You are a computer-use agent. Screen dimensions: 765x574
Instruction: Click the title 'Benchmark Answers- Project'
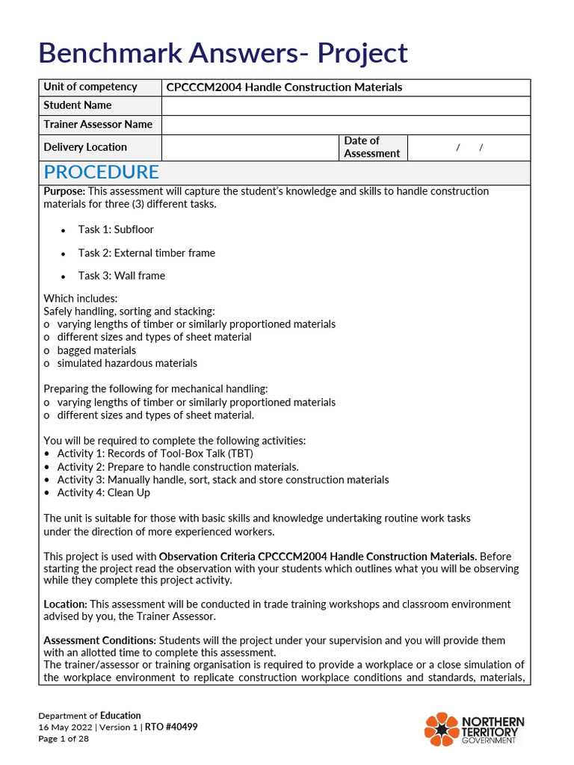223,53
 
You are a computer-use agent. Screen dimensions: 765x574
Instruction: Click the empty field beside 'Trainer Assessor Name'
345,125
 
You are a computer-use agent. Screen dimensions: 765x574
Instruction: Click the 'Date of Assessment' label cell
371,147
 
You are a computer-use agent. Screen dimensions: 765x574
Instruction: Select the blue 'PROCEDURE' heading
101,172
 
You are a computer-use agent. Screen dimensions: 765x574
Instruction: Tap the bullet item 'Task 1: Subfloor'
116,229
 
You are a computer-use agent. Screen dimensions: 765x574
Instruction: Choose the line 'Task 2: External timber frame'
146,253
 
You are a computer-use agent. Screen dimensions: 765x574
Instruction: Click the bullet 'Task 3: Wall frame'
122,276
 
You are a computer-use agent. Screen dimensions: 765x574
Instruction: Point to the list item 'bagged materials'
96,350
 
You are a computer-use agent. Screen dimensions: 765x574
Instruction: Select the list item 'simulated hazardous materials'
127,363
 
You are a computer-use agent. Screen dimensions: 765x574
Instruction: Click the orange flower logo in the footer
441,728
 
